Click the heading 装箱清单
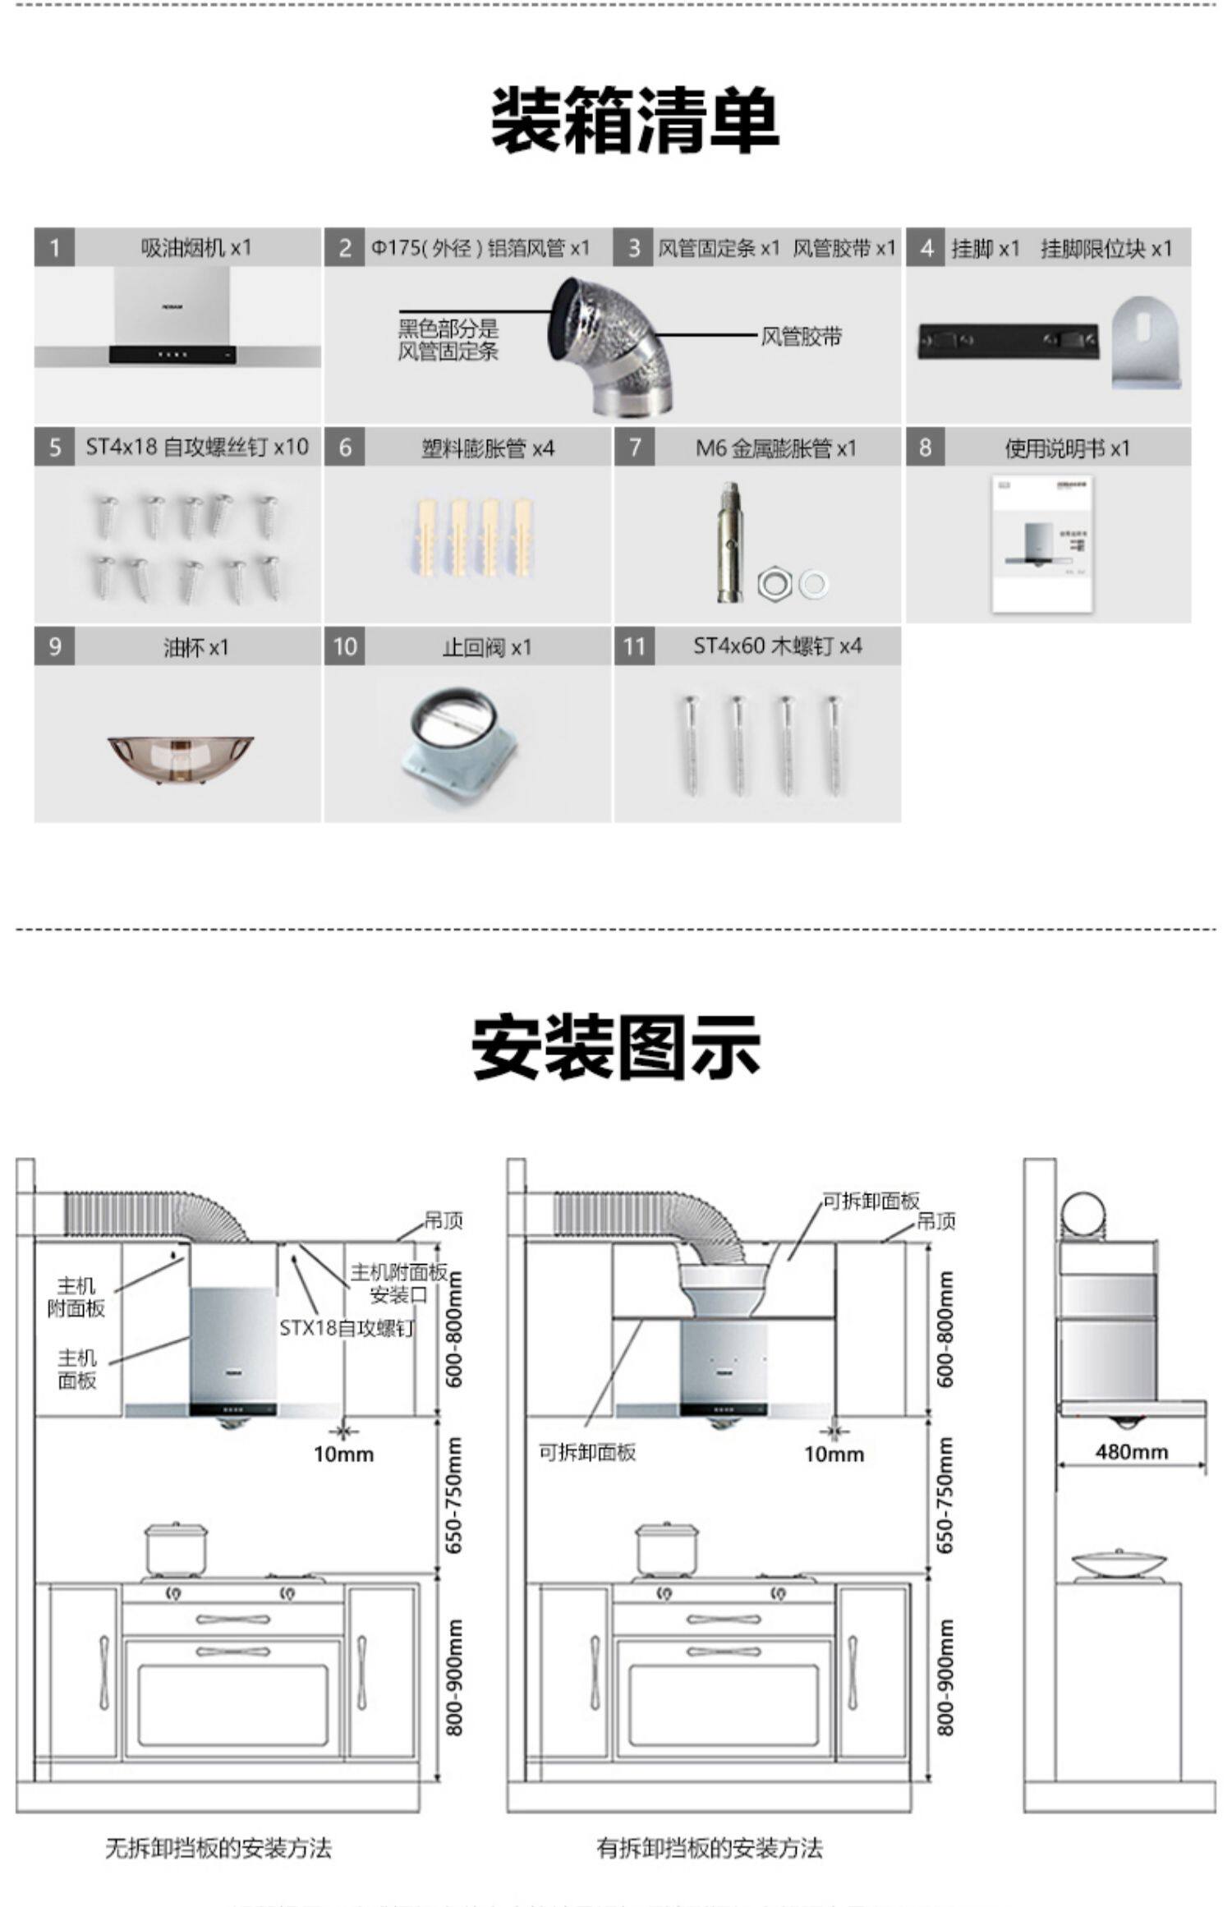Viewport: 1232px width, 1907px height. click(633, 120)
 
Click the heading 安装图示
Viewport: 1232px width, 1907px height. click(616, 1047)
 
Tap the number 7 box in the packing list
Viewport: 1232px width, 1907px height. click(634, 447)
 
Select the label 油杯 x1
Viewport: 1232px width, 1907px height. click(195, 647)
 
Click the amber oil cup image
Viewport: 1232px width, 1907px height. click(180, 757)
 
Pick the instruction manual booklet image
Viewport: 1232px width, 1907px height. click(1042, 543)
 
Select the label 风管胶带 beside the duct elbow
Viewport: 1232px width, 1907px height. click(801, 336)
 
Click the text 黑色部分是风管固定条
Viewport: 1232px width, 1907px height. click(448, 340)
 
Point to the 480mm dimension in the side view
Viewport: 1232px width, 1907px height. click(1131, 1452)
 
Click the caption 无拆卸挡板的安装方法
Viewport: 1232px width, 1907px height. click(218, 1848)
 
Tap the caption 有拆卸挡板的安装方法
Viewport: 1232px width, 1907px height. click(709, 1848)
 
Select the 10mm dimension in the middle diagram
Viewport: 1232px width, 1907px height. click(834, 1454)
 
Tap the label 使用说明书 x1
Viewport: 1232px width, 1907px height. click(1067, 448)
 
